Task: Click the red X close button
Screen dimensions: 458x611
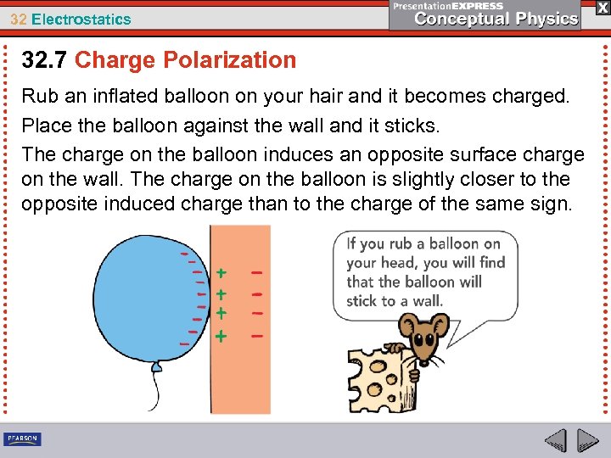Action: (x=601, y=7)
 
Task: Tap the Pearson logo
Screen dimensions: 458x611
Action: (x=22, y=438)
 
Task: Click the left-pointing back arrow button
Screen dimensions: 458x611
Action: (x=556, y=440)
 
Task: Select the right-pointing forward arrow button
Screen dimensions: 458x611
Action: (x=588, y=440)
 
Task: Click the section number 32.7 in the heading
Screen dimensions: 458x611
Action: (x=45, y=60)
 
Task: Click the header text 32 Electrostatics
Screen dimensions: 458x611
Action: (x=70, y=19)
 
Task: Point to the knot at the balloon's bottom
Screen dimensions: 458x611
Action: (x=156, y=366)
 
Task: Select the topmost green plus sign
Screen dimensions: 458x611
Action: (x=221, y=274)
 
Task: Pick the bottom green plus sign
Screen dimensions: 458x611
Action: (x=221, y=336)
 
